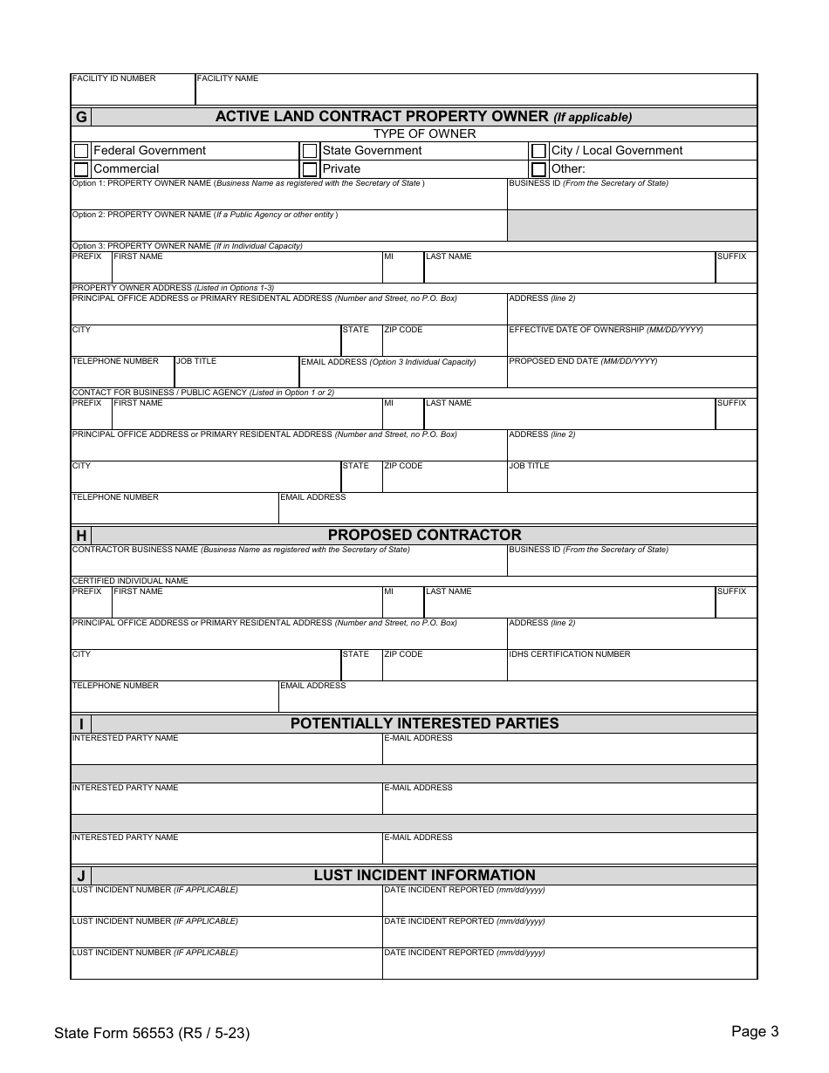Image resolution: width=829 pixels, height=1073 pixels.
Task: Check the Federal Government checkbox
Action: click(x=81, y=151)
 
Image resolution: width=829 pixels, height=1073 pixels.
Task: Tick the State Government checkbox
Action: click(x=310, y=151)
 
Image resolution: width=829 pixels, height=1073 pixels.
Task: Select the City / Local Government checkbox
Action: click(x=538, y=151)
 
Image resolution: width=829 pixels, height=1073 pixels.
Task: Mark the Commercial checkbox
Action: click(x=81, y=169)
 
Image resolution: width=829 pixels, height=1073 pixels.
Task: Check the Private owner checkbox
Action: click(x=310, y=169)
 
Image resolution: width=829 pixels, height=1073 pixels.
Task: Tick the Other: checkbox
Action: click(x=538, y=169)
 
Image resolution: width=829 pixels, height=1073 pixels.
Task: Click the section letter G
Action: click(x=81, y=117)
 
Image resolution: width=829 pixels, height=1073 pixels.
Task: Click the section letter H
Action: click(x=81, y=536)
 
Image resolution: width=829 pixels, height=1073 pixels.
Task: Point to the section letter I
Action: click(x=81, y=724)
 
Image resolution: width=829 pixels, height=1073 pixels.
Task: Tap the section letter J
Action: click(x=81, y=876)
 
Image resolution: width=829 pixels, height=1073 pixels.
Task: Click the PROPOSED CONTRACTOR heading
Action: click(x=424, y=535)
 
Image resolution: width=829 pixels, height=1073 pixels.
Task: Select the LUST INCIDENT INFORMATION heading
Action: click(x=424, y=875)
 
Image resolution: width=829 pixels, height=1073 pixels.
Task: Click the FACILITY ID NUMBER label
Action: click(x=113, y=79)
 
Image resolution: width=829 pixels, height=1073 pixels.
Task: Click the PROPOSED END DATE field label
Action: click(x=583, y=361)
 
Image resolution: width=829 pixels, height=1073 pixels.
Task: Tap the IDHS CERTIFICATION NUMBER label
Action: click(x=569, y=654)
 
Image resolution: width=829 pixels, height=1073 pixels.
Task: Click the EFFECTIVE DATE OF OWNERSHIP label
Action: click(x=606, y=330)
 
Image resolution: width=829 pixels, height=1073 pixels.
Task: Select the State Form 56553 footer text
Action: click(x=152, y=1034)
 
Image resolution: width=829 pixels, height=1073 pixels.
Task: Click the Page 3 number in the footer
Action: click(x=755, y=1032)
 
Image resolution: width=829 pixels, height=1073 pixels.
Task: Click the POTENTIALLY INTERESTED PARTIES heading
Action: click(x=424, y=723)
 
